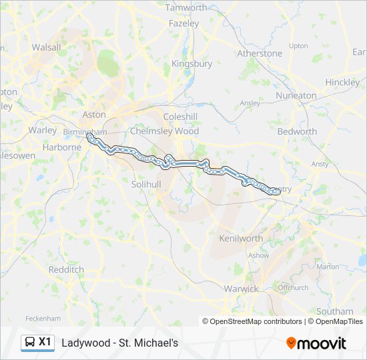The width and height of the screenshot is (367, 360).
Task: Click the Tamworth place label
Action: tap(186, 8)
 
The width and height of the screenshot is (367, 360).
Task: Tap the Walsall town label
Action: tap(46, 47)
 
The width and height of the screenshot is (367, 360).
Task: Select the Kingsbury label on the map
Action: tap(192, 64)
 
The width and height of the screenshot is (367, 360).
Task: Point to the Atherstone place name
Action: tap(260, 53)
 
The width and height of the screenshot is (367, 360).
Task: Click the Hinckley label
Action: tap(342, 82)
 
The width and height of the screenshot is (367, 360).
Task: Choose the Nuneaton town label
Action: tap(296, 95)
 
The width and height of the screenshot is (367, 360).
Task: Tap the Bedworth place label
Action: tap(298, 131)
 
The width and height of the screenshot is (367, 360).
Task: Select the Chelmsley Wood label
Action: tap(165, 131)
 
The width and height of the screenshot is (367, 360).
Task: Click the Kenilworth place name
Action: tap(241, 238)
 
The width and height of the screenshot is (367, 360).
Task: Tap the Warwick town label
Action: tap(241, 289)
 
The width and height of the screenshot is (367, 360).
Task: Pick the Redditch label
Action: tap(66, 269)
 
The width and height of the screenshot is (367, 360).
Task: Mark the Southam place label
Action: tap(335, 311)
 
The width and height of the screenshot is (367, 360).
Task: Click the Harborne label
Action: tap(61, 147)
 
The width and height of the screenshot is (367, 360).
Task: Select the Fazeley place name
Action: tap(184, 23)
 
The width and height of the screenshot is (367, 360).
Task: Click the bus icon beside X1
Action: tap(30, 342)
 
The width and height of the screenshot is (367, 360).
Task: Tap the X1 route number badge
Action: tap(45, 342)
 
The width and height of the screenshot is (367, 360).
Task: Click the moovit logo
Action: tap(316, 343)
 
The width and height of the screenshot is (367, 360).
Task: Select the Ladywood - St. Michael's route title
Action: tap(119, 343)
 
